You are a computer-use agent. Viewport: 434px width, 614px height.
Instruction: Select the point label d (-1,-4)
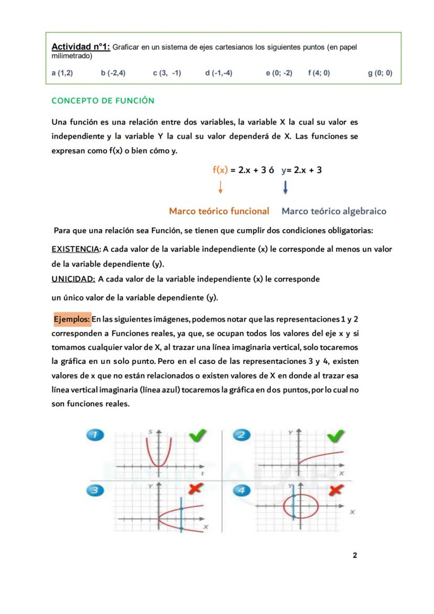click(x=219, y=73)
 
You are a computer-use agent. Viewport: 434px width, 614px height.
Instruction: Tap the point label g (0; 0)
click(x=379, y=73)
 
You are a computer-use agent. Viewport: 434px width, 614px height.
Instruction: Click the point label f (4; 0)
click(x=319, y=73)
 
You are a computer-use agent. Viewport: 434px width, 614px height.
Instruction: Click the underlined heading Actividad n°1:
click(x=81, y=47)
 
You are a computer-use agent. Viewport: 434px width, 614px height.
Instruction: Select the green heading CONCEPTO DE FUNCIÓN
click(x=103, y=100)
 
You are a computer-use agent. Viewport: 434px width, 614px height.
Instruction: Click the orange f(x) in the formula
click(x=220, y=170)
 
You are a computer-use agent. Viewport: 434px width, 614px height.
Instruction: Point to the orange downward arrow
click(x=221, y=187)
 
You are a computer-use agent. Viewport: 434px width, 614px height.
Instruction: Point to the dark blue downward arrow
click(x=285, y=187)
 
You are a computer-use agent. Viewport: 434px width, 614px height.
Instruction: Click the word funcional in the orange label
click(x=244, y=211)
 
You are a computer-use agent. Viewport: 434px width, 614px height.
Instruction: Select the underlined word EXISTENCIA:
click(x=75, y=249)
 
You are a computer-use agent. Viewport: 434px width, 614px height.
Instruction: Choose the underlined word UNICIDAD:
click(x=73, y=279)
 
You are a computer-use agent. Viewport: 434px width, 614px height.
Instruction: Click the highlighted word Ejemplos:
click(x=72, y=319)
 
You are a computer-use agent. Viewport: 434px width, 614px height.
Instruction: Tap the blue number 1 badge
click(x=95, y=435)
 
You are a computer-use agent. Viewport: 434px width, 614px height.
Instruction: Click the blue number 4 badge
click(x=242, y=490)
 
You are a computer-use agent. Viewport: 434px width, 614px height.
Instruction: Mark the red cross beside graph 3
click(x=196, y=488)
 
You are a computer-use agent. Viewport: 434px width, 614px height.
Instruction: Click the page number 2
click(x=355, y=555)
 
